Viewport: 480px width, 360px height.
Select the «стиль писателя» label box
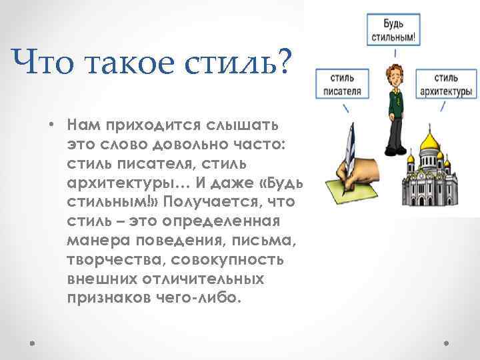pos(343,84)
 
